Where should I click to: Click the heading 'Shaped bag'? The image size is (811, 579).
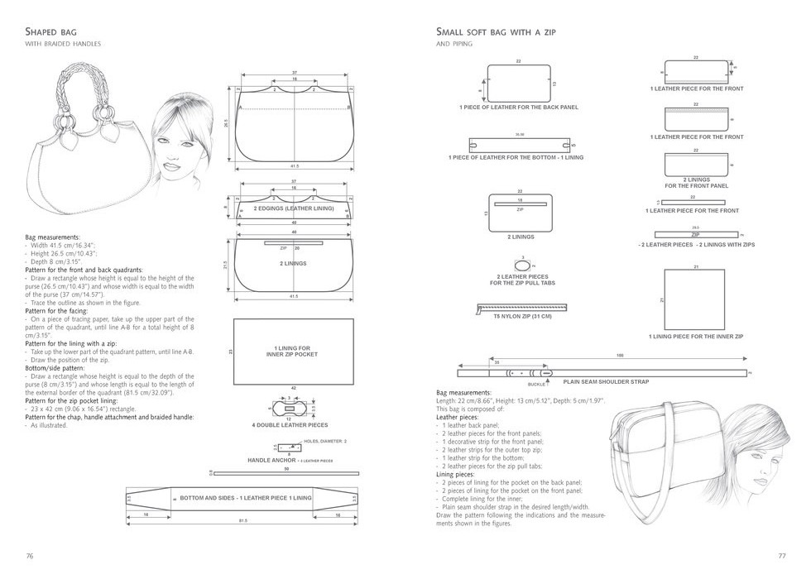click(51, 32)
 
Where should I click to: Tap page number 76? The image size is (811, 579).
click(30, 555)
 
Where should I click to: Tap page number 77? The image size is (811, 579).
click(780, 555)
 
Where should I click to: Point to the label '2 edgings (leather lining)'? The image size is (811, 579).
click(293, 208)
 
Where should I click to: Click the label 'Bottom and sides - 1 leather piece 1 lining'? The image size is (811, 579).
click(245, 498)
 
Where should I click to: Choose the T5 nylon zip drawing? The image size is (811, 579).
click(521, 308)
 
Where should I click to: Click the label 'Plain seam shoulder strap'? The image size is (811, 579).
click(606, 381)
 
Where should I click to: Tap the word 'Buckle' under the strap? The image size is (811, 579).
click(537, 385)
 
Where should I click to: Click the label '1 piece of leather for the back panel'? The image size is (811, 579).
click(519, 108)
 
